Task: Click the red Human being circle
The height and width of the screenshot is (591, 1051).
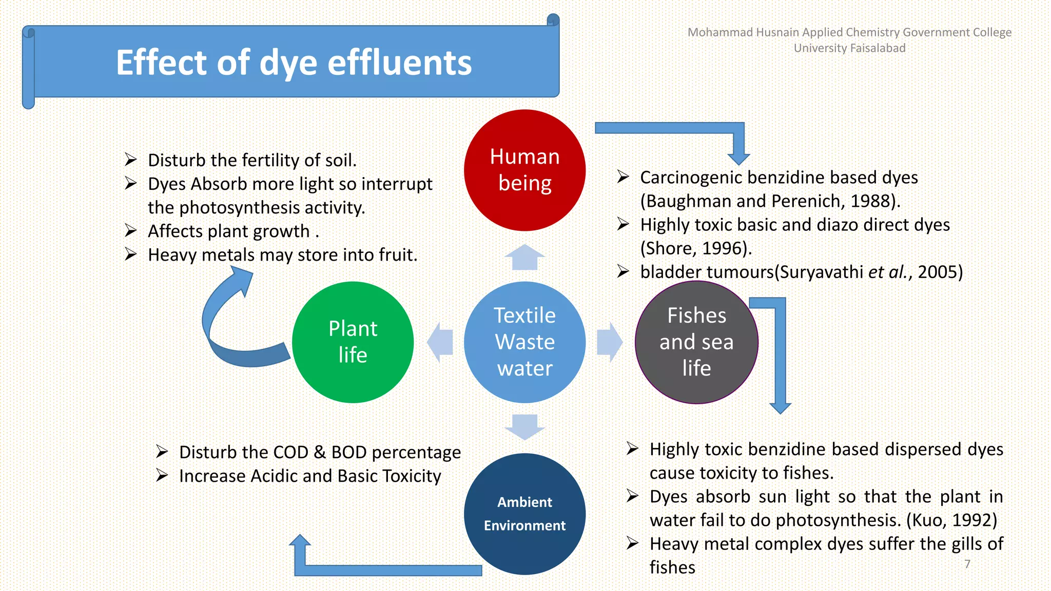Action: coord(524,170)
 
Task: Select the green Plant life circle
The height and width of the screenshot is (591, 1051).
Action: coord(353,342)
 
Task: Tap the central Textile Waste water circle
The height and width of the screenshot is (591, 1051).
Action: coord(524,342)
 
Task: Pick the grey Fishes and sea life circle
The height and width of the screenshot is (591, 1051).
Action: coord(696,342)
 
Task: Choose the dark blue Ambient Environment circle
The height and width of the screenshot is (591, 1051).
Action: coord(524,514)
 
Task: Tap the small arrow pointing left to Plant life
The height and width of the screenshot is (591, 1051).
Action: coord(440,342)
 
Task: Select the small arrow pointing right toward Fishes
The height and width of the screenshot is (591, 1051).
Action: coord(610,342)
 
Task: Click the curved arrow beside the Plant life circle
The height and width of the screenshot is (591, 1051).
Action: coord(226,328)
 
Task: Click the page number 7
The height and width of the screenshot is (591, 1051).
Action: coord(967,564)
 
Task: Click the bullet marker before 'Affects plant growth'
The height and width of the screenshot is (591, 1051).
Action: coord(131,231)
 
